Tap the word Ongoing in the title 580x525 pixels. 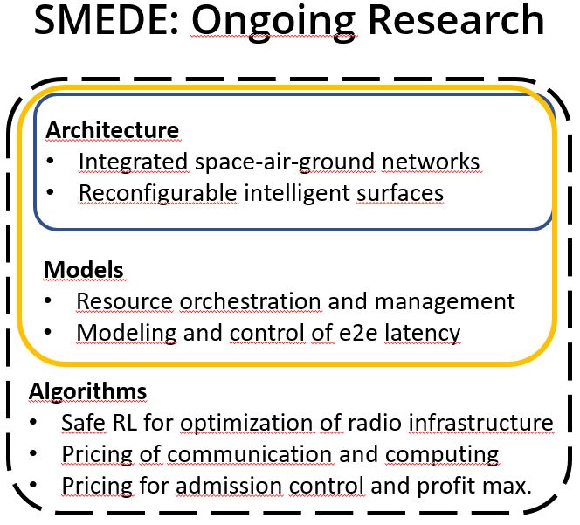(x=274, y=23)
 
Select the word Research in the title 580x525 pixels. (x=456, y=20)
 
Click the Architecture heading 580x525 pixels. (x=113, y=130)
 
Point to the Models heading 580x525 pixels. (x=84, y=270)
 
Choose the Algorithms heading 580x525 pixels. (x=87, y=392)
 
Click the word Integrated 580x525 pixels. (x=134, y=162)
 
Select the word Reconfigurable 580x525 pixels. (x=158, y=194)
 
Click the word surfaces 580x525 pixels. (x=400, y=194)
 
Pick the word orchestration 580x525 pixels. (x=251, y=301)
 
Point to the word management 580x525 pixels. (x=445, y=302)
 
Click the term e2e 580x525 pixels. (x=358, y=333)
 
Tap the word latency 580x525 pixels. (x=423, y=334)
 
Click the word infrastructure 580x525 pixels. (x=481, y=423)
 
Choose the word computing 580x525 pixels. (x=442, y=455)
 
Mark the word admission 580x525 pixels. (x=229, y=486)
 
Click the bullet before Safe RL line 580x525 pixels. (x=33, y=422)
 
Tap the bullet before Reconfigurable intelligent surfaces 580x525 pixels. (x=51, y=192)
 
